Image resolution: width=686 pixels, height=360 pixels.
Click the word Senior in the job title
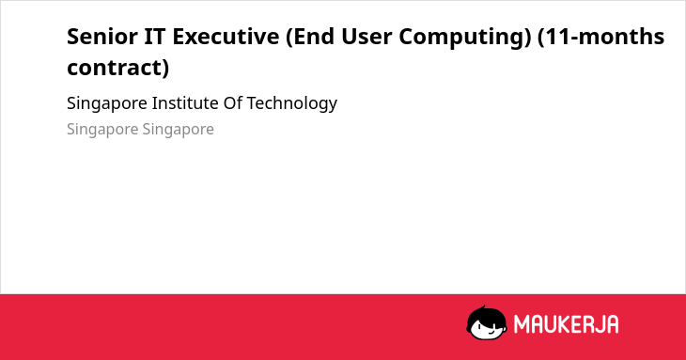pos(101,36)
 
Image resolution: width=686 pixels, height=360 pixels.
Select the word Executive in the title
pos(226,36)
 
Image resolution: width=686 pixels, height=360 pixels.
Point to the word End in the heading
pos(311,37)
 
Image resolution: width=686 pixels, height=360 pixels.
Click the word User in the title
pos(366,36)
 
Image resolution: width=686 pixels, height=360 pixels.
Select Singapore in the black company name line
pos(107,103)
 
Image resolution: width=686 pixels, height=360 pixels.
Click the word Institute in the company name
pos(185,103)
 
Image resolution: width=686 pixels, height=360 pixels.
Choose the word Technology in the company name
pos(292,103)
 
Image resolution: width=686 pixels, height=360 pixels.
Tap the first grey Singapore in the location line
pos(102,130)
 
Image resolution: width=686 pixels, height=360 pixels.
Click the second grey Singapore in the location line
pos(178,130)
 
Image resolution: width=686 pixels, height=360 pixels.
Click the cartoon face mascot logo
pos(487,323)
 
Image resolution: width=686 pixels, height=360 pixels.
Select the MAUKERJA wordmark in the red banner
pos(566,324)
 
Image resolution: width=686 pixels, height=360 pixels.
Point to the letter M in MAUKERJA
pos(522,324)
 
